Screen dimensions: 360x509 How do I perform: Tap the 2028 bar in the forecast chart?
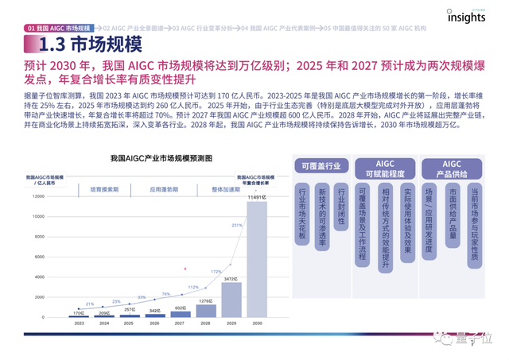[x=205, y=310]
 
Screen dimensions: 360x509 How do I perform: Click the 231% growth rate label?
[x=235, y=226]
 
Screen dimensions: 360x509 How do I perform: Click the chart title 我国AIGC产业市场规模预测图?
[x=161, y=159]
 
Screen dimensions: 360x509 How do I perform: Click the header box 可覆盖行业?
[x=321, y=167]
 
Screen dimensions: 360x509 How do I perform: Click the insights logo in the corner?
[x=466, y=16]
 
